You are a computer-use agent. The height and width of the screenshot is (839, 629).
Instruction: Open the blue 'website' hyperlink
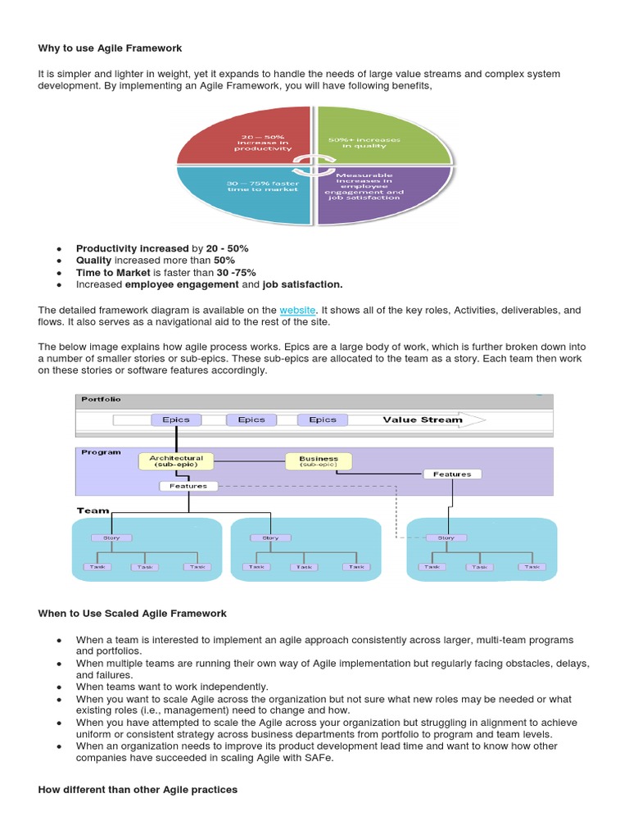[296, 310]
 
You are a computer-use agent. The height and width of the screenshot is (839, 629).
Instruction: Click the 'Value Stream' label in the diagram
[423, 419]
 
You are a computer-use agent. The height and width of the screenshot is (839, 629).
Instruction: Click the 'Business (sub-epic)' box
[319, 462]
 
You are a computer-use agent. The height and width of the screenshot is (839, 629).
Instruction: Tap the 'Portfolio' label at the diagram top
[102, 399]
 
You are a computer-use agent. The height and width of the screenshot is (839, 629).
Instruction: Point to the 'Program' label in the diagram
[101, 451]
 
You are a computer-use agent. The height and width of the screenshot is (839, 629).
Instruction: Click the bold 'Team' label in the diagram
[93, 510]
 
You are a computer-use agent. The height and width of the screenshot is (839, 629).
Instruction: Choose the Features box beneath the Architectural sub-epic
[188, 486]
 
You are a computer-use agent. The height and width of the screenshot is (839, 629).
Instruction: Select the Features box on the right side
[452, 474]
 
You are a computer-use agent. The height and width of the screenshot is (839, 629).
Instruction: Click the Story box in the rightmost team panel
[446, 538]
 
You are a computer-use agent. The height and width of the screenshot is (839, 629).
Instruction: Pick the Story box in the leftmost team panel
[112, 538]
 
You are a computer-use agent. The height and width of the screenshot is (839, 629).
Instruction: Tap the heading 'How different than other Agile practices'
[138, 789]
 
